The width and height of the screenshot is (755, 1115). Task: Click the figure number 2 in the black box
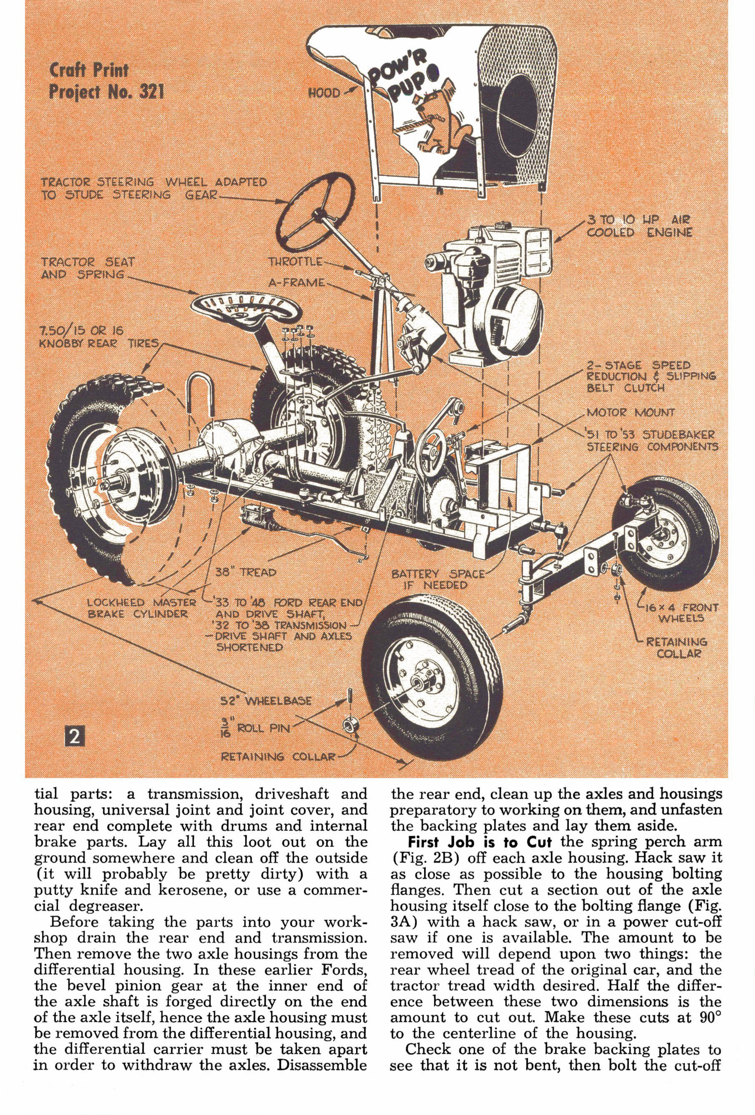pyautogui.click(x=74, y=736)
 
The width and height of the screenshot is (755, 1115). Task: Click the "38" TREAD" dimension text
pyautogui.click(x=246, y=572)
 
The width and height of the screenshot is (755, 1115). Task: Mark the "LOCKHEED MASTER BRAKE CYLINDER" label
pyautogui.click(x=142, y=608)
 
